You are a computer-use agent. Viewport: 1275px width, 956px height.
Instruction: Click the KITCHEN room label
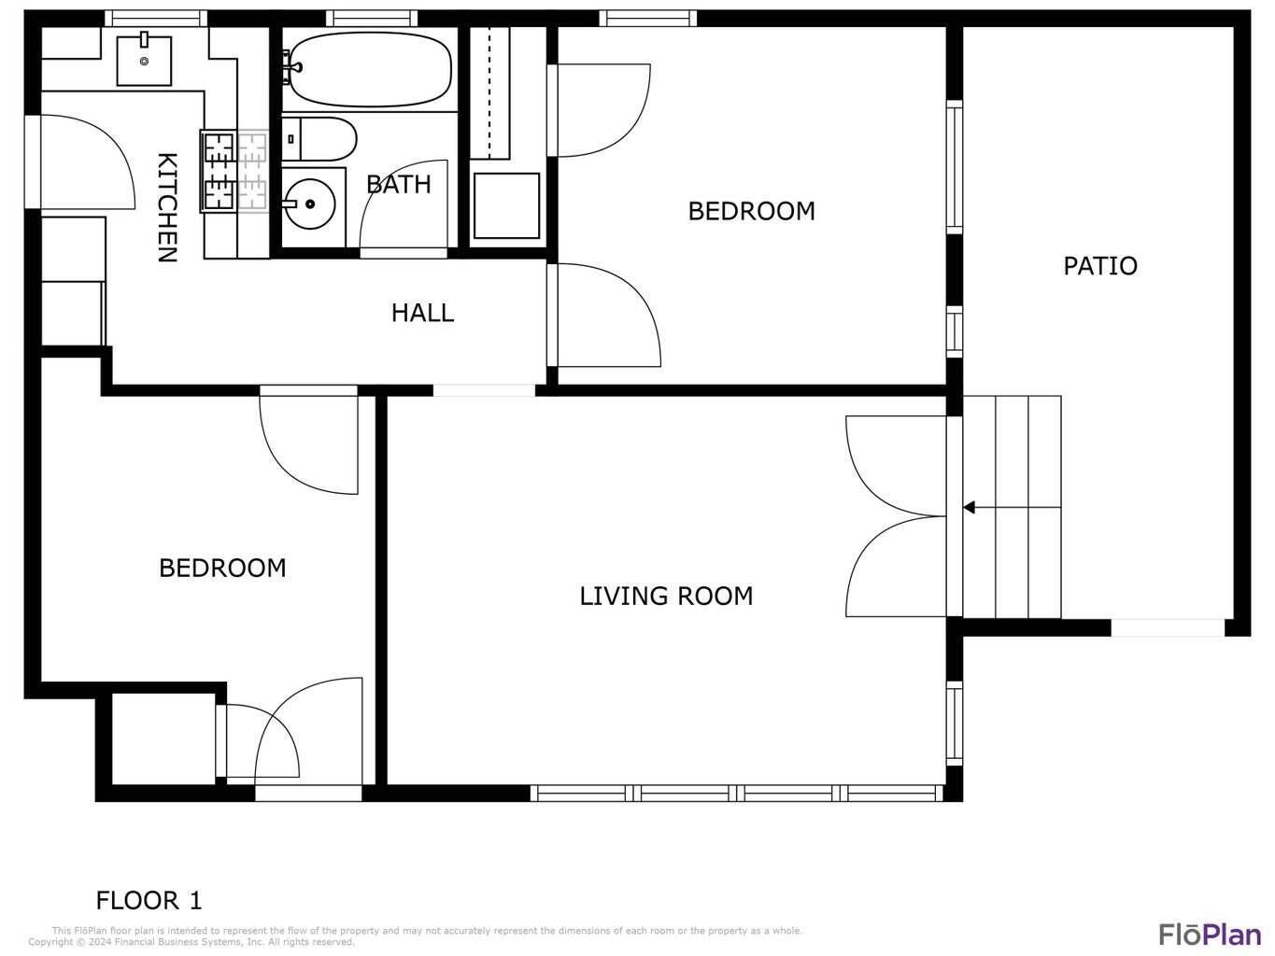pyautogui.click(x=167, y=207)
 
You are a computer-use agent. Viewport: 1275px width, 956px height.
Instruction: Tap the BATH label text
pyautogui.click(x=399, y=185)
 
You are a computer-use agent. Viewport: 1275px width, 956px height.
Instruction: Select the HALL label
pyautogui.click(x=422, y=313)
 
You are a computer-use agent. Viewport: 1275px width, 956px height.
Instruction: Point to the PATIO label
pyautogui.click(x=1100, y=266)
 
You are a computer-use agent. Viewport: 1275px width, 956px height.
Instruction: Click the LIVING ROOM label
pyautogui.click(x=666, y=597)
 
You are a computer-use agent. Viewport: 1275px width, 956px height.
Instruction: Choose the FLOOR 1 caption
pyautogui.click(x=149, y=900)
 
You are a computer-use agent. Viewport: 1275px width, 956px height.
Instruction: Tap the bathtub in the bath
pyautogui.click(x=370, y=69)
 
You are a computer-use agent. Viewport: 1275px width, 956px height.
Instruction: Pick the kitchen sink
pyautogui.click(x=144, y=61)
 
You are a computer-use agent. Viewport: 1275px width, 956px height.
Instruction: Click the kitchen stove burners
pyautogui.click(x=234, y=170)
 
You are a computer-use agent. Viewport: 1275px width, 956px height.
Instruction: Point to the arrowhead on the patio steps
pyautogui.click(x=969, y=507)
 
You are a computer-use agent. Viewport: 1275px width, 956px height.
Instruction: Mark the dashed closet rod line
pyautogui.click(x=489, y=92)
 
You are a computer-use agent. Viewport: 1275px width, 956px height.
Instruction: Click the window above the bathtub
pyautogui.click(x=372, y=19)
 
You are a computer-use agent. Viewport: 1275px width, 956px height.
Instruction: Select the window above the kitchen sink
pyautogui.click(x=156, y=19)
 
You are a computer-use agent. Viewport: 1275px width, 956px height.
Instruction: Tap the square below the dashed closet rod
pyautogui.click(x=506, y=205)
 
